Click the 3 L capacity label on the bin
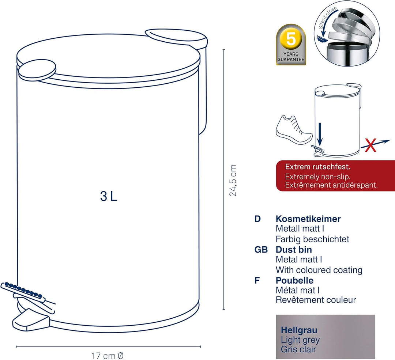click(109, 196)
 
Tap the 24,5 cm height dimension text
click(233, 180)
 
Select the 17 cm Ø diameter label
click(107, 356)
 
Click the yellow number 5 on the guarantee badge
click(291, 39)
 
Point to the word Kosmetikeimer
click(308, 219)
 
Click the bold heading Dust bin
click(294, 250)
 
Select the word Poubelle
click(294, 280)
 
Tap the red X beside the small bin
click(370, 145)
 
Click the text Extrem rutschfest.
click(318, 167)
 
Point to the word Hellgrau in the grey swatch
click(299, 330)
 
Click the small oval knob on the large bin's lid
click(37, 70)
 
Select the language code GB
click(261, 250)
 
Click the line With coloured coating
click(319, 270)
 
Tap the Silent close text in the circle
click(327, 17)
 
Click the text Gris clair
click(298, 349)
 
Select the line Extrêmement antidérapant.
click(331, 185)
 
